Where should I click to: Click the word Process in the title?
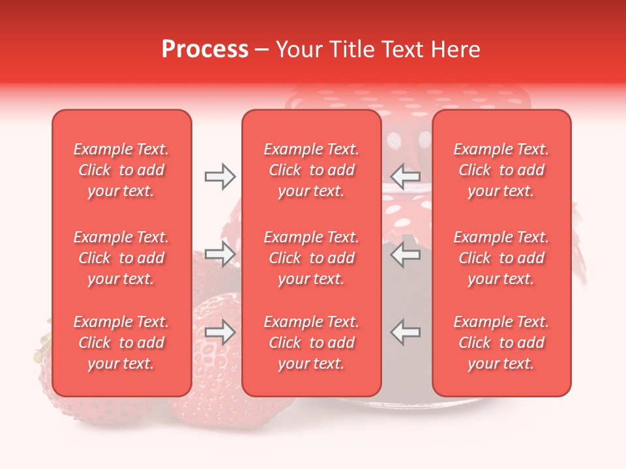pos(205,50)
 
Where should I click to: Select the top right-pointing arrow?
pos(220,176)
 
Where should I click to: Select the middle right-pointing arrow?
pos(220,254)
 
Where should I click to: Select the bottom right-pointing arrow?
pos(220,332)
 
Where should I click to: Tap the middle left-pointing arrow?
pos(406,254)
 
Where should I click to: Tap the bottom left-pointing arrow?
pos(406,332)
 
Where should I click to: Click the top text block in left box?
pos(121,170)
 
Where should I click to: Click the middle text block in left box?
pos(121,258)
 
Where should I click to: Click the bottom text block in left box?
pos(121,343)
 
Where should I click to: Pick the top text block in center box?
pos(311,170)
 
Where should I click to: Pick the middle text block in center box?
pos(311,258)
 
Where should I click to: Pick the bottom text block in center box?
pos(311,343)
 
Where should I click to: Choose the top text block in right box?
pos(501,170)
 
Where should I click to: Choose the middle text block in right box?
pos(501,258)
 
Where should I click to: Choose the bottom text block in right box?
pos(501,343)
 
